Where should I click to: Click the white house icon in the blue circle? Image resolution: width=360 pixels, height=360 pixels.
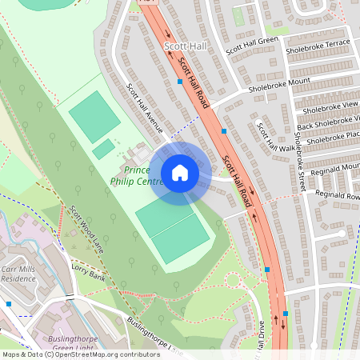point(180,173)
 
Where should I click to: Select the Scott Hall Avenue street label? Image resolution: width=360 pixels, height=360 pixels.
point(145,108)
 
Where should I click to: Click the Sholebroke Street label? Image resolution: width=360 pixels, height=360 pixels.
point(299,160)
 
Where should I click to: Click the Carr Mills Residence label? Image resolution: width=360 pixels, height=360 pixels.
point(18,275)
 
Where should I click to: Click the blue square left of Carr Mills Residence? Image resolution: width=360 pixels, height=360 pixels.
point(9,304)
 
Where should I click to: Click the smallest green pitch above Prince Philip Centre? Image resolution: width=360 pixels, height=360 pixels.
point(103,149)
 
